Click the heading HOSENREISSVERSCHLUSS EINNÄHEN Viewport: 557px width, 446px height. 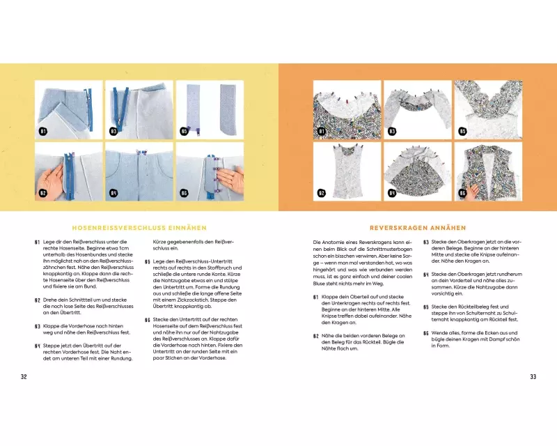[139, 227]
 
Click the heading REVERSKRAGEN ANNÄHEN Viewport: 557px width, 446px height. [418, 227]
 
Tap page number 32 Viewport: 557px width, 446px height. [24, 376]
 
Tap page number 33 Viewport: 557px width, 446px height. [533, 376]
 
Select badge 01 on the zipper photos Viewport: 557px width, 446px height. [42, 130]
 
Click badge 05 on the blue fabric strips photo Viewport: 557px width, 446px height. [184, 130]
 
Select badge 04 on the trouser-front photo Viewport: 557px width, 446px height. [113, 193]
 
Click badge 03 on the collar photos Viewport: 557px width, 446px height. [392, 130]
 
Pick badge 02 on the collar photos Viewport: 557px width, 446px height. [322, 193]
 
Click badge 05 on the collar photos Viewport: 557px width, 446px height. [462, 130]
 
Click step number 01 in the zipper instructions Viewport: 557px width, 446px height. [37, 242]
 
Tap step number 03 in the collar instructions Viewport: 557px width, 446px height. [426, 242]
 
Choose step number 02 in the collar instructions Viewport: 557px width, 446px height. [316, 335]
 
